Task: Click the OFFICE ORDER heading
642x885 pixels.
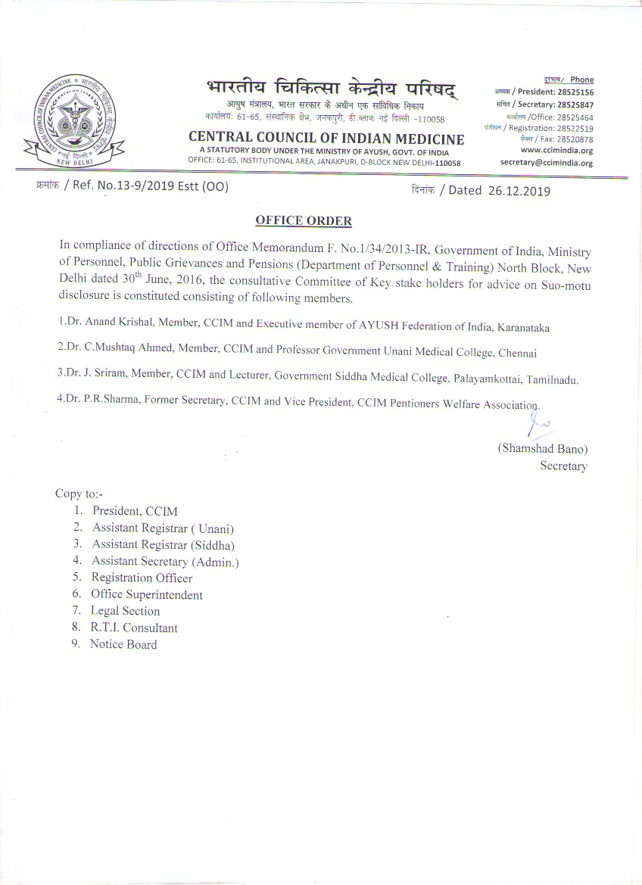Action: point(304,221)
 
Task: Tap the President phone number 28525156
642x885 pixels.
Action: point(571,92)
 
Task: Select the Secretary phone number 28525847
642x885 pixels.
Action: point(572,104)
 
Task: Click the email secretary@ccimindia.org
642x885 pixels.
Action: point(547,163)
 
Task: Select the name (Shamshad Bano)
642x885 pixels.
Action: point(542,449)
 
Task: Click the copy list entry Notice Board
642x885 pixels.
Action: point(123,645)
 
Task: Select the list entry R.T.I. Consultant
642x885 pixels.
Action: point(135,628)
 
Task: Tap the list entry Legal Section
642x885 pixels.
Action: point(126,612)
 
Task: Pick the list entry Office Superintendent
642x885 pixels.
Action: point(147,595)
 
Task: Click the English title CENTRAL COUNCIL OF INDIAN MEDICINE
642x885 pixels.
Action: point(326,139)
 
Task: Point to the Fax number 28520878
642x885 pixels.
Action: point(573,139)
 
